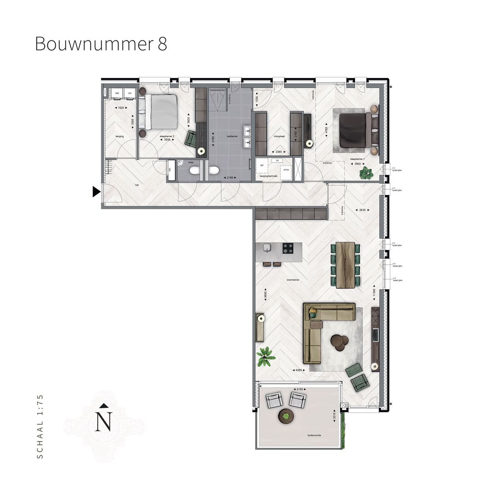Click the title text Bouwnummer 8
tap(101, 44)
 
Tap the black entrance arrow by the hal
tap(96, 192)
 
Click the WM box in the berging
tap(117, 93)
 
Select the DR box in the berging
tap(130, 93)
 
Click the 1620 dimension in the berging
tap(121, 107)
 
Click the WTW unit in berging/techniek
tap(286, 170)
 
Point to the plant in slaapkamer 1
tap(366, 173)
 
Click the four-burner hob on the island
tap(288, 248)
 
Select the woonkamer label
tap(293, 279)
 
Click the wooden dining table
tap(346, 265)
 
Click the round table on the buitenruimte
tap(286, 416)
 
